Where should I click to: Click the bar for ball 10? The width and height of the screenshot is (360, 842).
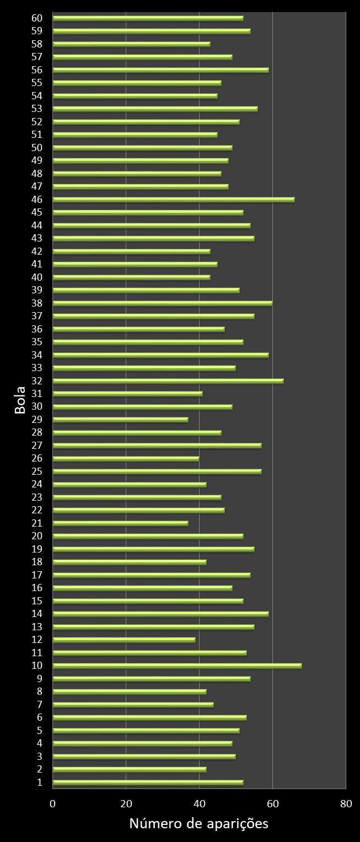[176, 666]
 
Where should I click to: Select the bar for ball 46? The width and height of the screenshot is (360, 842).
[173, 200]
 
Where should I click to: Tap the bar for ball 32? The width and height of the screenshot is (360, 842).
[168, 380]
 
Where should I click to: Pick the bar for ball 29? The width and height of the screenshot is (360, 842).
[120, 420]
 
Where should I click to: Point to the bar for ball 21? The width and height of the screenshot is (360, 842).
[120, 523]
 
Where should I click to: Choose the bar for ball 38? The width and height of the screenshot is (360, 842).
[162, 303]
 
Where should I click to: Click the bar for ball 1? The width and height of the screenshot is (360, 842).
[148, 782]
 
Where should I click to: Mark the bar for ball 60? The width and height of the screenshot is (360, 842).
[148, 18]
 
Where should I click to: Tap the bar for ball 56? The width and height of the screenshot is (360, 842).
[160, 70]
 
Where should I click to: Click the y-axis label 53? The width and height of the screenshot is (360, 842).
[37, 109]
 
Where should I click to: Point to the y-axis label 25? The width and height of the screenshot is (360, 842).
[37, 471]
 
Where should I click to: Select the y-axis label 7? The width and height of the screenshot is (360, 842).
[39, 704]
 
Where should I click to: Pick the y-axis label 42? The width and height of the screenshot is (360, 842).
[37, 251]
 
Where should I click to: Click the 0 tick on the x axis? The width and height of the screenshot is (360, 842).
[53, 803]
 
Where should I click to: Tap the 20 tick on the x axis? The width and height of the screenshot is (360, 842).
[126, 803]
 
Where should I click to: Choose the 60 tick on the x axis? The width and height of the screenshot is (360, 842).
[272, 803]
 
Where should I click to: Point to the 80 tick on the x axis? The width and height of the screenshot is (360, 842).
[346, 803]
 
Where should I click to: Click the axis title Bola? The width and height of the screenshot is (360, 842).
[20, 400]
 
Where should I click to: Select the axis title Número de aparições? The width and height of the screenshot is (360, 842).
[198, 824]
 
